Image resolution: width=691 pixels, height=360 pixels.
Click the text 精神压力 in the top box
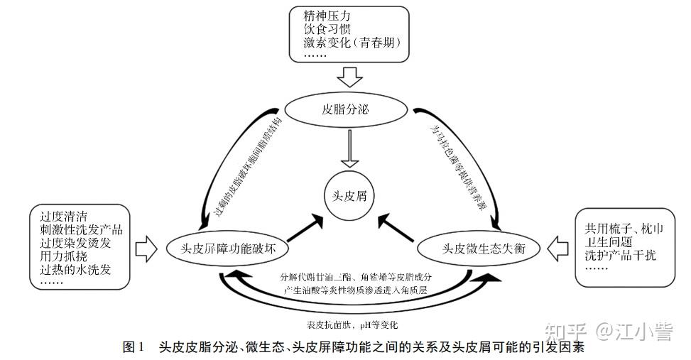(x=327, y=16)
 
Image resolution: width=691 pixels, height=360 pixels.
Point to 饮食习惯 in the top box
(x=327, y=29)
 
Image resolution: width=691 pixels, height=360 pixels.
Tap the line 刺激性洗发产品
(x=82, y=229)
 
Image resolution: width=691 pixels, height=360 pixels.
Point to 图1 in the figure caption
(x=134, y=347)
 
